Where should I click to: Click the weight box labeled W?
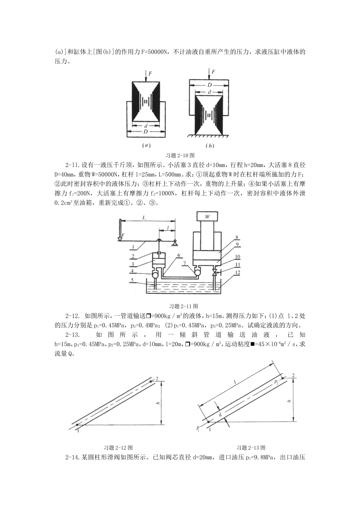207,217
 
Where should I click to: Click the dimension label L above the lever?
144,217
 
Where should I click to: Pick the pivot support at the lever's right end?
175,243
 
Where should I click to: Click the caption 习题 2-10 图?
180,155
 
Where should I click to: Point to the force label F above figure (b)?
213,71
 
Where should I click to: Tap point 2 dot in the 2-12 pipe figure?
151,381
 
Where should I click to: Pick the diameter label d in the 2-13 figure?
220,415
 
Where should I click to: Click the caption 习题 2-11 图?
183,306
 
